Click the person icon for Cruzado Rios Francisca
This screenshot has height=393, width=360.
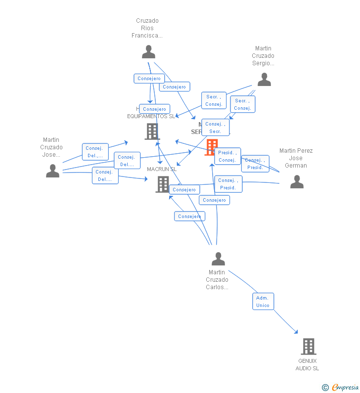(148, 52)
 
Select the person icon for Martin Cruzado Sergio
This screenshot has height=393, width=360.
(264, 80)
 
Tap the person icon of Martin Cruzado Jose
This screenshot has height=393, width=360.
(52, 171)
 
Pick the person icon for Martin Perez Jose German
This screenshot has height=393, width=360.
(297, 182)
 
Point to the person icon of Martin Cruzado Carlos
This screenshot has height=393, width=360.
(218, 259)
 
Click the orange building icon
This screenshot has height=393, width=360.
(211, 147)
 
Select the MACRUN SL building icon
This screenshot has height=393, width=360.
(163, 184)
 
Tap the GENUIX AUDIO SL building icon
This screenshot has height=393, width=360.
(308, 347)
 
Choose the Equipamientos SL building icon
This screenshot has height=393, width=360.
(152, 131)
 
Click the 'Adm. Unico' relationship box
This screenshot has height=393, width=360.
(263, 302)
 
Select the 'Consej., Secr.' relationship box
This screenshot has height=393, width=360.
(215, 128)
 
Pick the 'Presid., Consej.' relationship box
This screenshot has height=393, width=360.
(227, 156)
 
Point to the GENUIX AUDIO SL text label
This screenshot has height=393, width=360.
(308, 364)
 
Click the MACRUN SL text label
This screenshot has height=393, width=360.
(162, 169)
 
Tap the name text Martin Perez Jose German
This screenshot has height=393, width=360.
(296, 158)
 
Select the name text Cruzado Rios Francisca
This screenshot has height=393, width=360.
(147, 28)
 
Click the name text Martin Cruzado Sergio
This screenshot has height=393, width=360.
(263, 56)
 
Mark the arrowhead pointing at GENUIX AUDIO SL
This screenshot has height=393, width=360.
(296, 332)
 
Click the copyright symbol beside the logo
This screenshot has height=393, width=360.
(325, 388)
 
